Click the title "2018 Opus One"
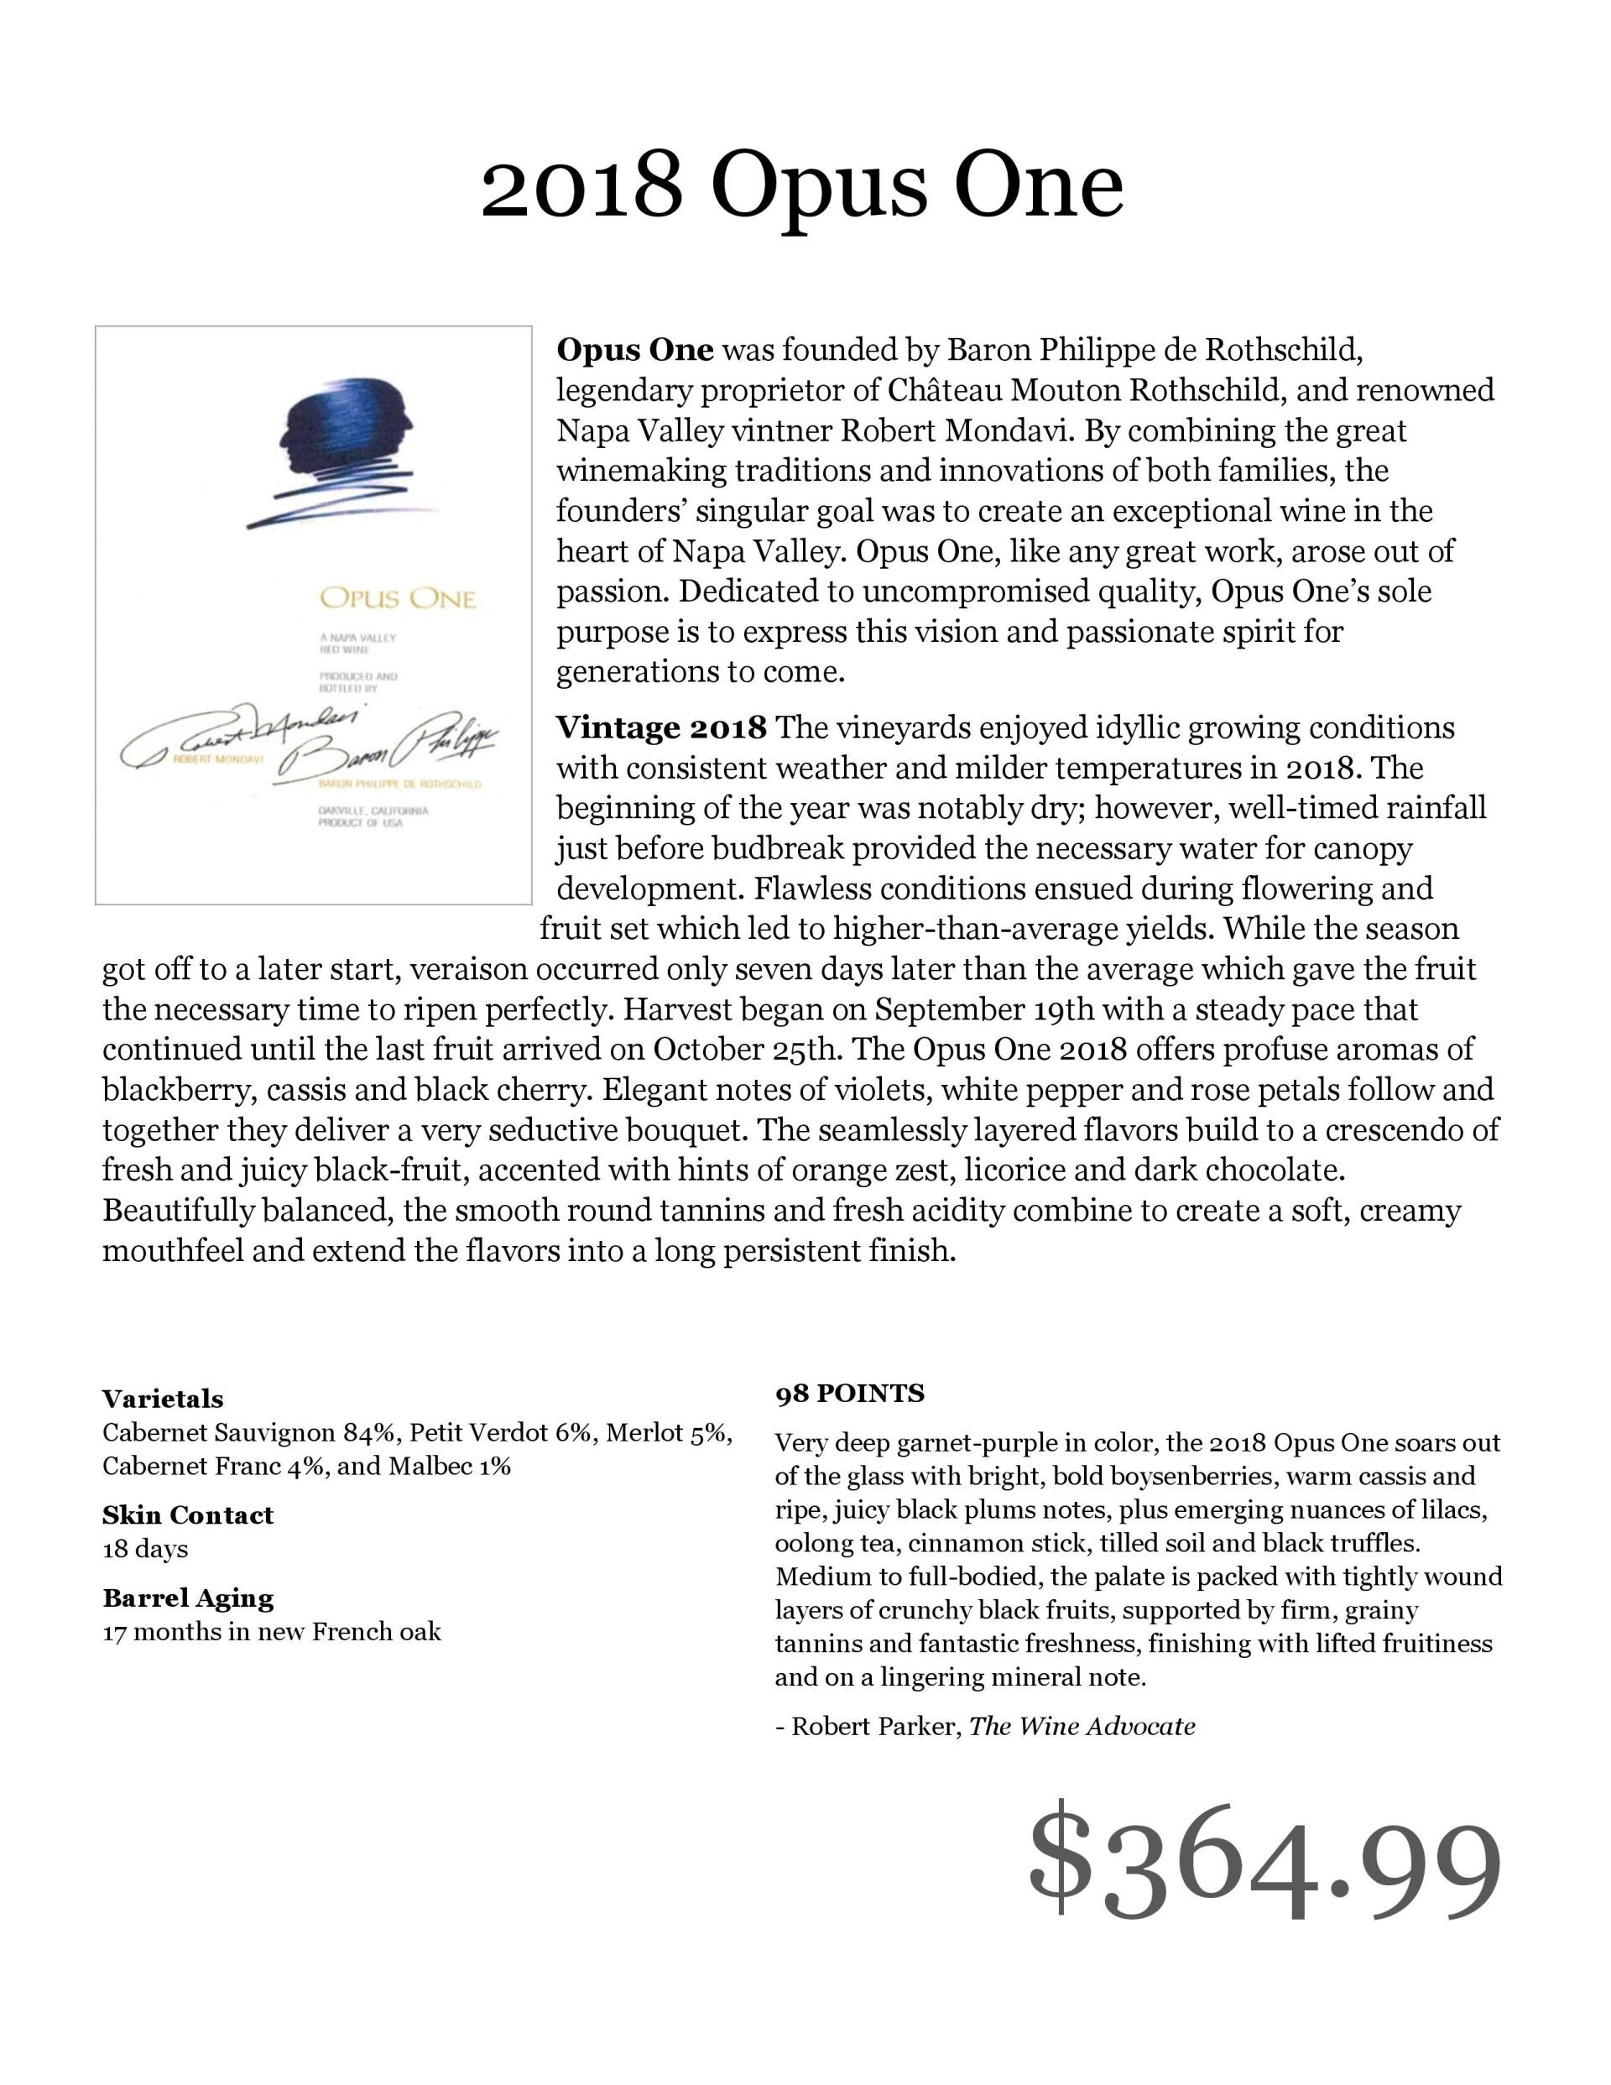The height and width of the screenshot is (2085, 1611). click(x=801, y=186)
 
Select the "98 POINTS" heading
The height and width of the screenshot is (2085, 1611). click(x=849, y=1394)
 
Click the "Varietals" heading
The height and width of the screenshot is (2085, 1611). click(x=162, y=1399)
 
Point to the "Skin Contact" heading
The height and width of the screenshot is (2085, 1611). click(x=187, y=1515)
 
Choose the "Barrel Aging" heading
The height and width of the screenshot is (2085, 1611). click(x=187, y=1598)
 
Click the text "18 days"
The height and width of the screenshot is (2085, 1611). click(x=145, y=1549)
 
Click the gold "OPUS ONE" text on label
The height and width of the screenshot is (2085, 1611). click(x=396, y=598)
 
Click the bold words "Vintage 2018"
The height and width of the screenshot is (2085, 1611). click(x=661, y=728)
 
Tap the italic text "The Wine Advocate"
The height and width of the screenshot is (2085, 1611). click(x=1082, y=1726)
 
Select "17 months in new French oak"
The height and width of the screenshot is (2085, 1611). click(x=271, y=1632)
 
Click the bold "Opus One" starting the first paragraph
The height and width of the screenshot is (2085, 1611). click(x=635, y=351)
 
